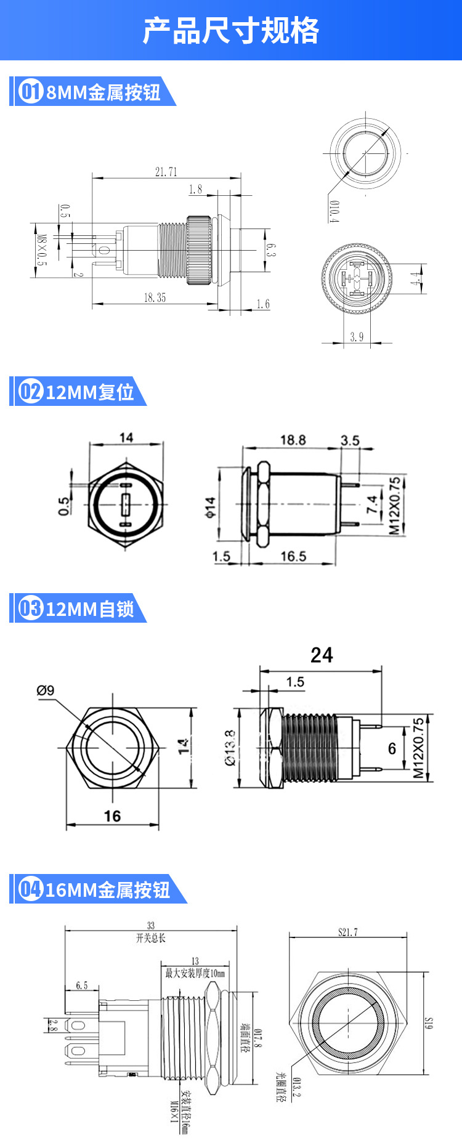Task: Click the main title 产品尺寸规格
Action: click(231, 31)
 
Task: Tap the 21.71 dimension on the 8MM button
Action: click(166, 172)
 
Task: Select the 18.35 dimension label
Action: click(155, 297)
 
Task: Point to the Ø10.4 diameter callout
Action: click(333, 211)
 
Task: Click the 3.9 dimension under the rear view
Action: click(357, 336)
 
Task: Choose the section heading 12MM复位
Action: click(90, 392)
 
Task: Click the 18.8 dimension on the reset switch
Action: click(293, 440)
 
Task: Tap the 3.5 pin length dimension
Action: click(350, 440)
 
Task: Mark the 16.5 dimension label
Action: click(293, 556)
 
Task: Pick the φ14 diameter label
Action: click(211, 508)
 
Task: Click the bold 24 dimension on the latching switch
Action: click(322, 655)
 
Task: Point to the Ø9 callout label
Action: click(46, 690)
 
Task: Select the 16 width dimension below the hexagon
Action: click(112, 816)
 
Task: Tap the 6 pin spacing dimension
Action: click(392, 748)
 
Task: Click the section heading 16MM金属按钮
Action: click(108, 890)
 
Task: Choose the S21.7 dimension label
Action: click(347, 932)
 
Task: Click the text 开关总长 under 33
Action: click(151, 938)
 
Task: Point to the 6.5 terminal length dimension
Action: click(82, 985)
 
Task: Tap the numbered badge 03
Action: click(30, 609)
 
